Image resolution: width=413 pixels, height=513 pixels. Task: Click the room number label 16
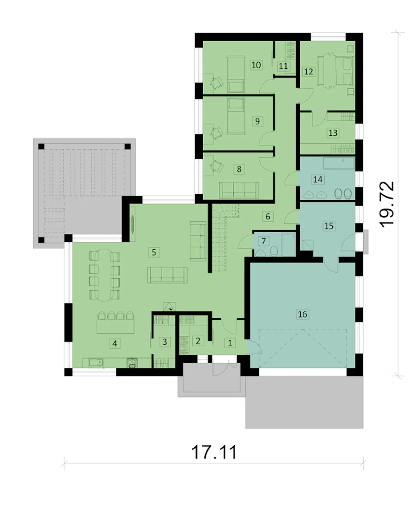tap(302, 314)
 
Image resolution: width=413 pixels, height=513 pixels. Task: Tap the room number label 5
tap(154, 252)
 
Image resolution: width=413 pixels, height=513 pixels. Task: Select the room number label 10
tap(256, 65)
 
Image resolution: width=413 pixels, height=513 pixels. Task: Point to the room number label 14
tap(318, 179)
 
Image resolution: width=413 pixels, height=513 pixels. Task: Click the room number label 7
tap(264, 241)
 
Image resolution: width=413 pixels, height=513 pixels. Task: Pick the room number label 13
tap(333, 133)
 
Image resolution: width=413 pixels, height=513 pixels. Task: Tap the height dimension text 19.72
tap(386, 204)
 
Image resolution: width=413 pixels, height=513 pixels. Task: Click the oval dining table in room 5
tap(104, 275)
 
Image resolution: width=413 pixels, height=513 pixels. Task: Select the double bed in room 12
tap(335, 71)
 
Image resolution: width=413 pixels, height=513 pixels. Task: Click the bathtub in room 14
tap(339, 163)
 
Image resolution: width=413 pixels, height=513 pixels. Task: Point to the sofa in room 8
tap(239, 190)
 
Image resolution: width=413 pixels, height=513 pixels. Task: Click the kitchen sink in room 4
tap(96, 363)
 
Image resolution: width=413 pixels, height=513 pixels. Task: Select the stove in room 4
tap(132, 363)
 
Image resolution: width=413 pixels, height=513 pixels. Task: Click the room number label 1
tap(230, 343)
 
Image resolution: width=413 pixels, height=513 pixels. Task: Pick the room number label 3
tap(165, 342)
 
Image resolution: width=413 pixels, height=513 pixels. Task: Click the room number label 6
tap(267, 216)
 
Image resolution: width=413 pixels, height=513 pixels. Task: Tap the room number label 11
tap(283, 66)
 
